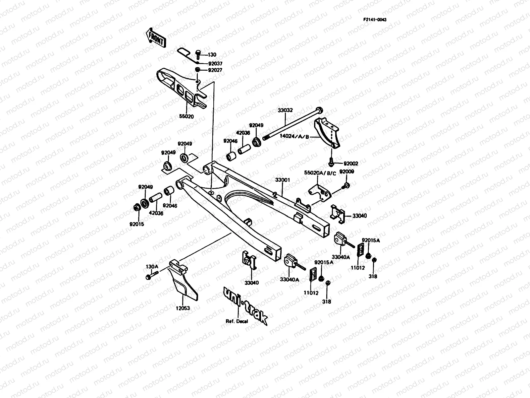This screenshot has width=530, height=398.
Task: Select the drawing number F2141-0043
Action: coord(375,20)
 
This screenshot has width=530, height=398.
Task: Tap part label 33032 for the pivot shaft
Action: coord(286,110)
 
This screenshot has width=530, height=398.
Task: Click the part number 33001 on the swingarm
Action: coord(283,180)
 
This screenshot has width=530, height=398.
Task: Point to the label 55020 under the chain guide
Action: coord(186,116)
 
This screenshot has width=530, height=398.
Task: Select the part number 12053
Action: coord(183,308)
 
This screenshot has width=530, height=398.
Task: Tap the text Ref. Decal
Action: coord(237,321)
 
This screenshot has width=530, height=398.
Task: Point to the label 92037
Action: coord(215,63)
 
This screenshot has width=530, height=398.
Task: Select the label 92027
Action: coord(215,70)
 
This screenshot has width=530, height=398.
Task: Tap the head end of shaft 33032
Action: coord(318,110)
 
